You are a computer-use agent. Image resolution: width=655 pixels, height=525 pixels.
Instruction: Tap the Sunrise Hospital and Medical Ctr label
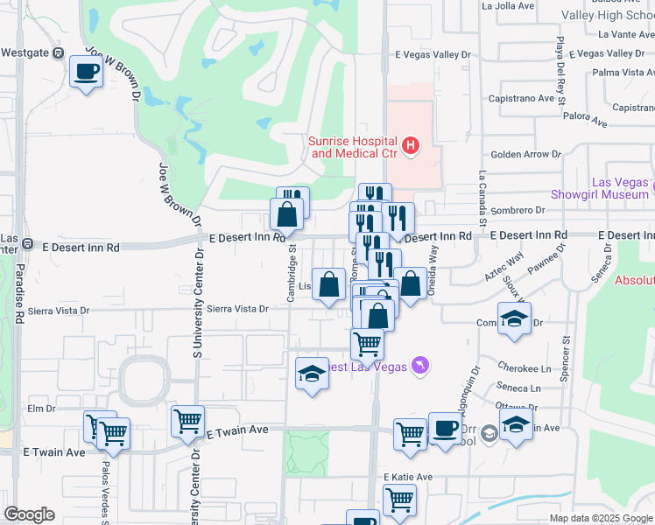click(354, 147)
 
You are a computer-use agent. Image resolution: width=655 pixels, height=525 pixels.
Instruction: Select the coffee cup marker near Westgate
click(86, 71)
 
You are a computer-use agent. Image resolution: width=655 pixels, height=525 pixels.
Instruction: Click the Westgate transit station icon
click(58, 52)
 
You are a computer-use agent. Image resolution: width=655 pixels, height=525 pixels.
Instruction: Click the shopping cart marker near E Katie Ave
click(399, 500)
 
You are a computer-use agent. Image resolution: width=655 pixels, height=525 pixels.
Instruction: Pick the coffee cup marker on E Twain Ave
click(446, 428)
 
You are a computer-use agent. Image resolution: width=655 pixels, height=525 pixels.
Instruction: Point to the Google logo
click(30, 514)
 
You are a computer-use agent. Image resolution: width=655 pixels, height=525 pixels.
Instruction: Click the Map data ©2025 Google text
click(600, 518)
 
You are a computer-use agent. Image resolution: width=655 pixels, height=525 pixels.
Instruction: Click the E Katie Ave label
click(409, 477)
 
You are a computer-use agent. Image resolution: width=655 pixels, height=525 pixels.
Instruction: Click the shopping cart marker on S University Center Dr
click(187, 421)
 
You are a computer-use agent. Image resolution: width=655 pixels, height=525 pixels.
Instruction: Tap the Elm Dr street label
click(41, 408)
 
